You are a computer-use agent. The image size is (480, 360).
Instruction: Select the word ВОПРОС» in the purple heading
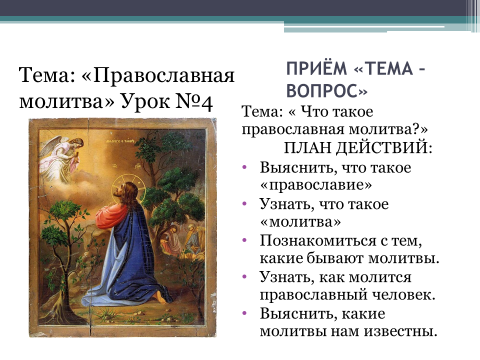[x=327, y=90]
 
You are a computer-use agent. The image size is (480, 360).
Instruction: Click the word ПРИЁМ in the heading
[x=317, y=68]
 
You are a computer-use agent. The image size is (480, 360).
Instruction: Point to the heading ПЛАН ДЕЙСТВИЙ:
[x=358, y=148]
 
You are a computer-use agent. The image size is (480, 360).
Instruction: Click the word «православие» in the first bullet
[x=316, y=185]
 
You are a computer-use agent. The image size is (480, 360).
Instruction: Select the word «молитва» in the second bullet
[x=300, y=222]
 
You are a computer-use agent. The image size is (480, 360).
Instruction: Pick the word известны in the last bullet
[x=400, y=331]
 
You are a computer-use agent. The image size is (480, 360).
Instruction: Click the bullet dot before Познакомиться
[x=245, y=240]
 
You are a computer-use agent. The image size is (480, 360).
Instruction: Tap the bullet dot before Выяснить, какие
[x=245, y=313]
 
